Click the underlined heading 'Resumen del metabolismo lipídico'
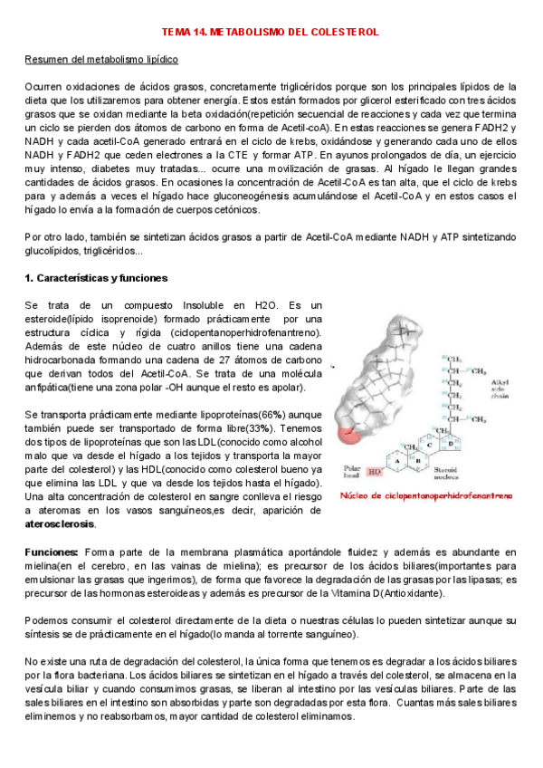point(100,59)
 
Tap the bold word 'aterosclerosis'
point(62,524)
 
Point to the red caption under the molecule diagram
point(427,495)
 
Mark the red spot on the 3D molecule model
point(348,437)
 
